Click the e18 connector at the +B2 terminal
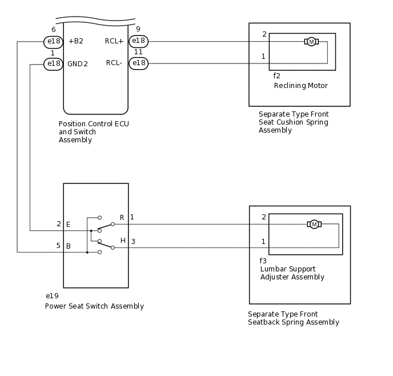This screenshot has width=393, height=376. pos(53,42)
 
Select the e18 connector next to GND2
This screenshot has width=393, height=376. pos(53,64)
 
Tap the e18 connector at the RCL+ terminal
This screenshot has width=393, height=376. pos(139,41)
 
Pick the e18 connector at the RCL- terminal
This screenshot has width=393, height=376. pos(139,63)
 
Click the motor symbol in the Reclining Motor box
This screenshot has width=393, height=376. pos(311,42)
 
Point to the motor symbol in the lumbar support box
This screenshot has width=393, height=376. pos(314,225)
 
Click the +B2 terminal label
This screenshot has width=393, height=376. pos(76,41)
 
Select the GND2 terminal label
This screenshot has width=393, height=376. pos(78,64)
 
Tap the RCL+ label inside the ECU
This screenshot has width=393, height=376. pos(114,41)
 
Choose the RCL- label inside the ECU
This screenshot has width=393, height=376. pos(114,63)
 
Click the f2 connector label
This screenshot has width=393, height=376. pos(276,75)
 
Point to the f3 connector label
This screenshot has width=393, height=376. pos(263,261)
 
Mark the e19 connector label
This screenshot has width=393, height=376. pos(52,296)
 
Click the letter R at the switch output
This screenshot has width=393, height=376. pos(122,218)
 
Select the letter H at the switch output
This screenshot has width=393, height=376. pos(123,241)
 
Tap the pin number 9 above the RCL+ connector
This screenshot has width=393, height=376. pos(138,29)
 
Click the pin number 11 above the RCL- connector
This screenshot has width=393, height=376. pos(138,52)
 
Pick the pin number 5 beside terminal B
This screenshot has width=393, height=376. pos(58,245)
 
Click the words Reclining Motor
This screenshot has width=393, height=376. pos(301,86)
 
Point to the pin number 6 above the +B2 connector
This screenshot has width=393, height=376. pos(53,30)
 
